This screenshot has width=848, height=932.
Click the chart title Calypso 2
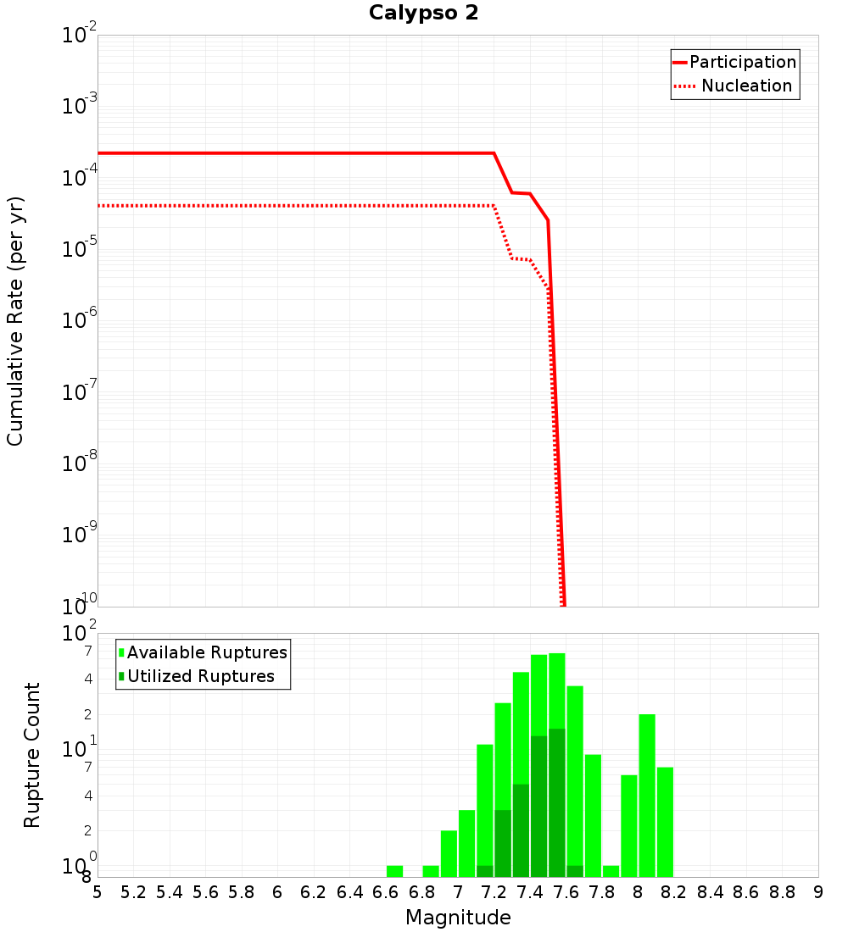click(423, 14)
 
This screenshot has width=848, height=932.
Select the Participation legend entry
click(743, 63)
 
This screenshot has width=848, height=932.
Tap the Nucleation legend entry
click(746, 86)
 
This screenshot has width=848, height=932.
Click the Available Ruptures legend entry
click(207, 652)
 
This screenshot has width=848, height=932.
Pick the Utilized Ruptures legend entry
click(200, 676)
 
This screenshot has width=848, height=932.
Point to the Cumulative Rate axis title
click(15, 320)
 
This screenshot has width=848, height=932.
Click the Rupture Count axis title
click(32, 755)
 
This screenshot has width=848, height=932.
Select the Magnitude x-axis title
click(458, 918)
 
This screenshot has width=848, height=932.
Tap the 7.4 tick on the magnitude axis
click(530, 892)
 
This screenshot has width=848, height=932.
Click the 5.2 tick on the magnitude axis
click(134, 892)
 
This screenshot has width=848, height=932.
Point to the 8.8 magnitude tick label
click(782, 892)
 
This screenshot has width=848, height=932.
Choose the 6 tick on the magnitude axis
click(277, 892)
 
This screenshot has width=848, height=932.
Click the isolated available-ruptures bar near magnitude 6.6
click(394, 871)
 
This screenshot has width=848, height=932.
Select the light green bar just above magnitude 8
click(647, 795)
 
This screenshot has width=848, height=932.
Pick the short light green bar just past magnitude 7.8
click(611, 871)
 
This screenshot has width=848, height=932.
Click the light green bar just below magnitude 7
click(449, 853)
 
